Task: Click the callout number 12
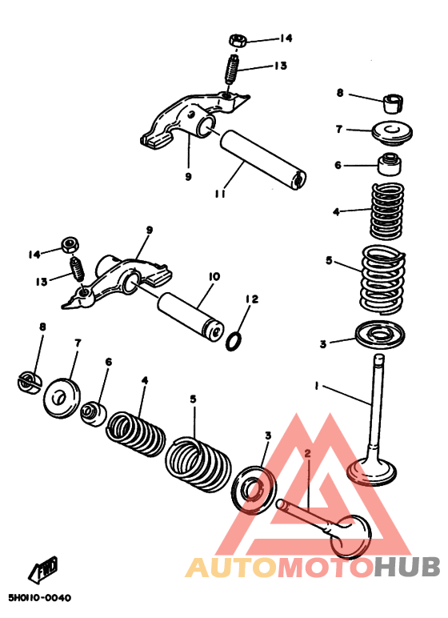[252, 299]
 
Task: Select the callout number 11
[220, 193]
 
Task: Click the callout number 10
[214, 277]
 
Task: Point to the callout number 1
[317, 386]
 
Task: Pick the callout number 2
[307, 453]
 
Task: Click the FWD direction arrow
[43, 570]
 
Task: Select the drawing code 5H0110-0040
[40, 598]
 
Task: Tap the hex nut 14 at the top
[238, 41]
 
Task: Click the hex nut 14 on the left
[70, 245]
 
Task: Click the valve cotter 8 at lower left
[29, 382]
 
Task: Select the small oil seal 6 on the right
[390, 163]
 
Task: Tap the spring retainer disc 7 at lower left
[61, 397]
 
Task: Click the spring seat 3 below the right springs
[380, 335]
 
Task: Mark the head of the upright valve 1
[371, 471]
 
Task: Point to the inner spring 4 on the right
[386, 211]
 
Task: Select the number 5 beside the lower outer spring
[193, 399]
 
